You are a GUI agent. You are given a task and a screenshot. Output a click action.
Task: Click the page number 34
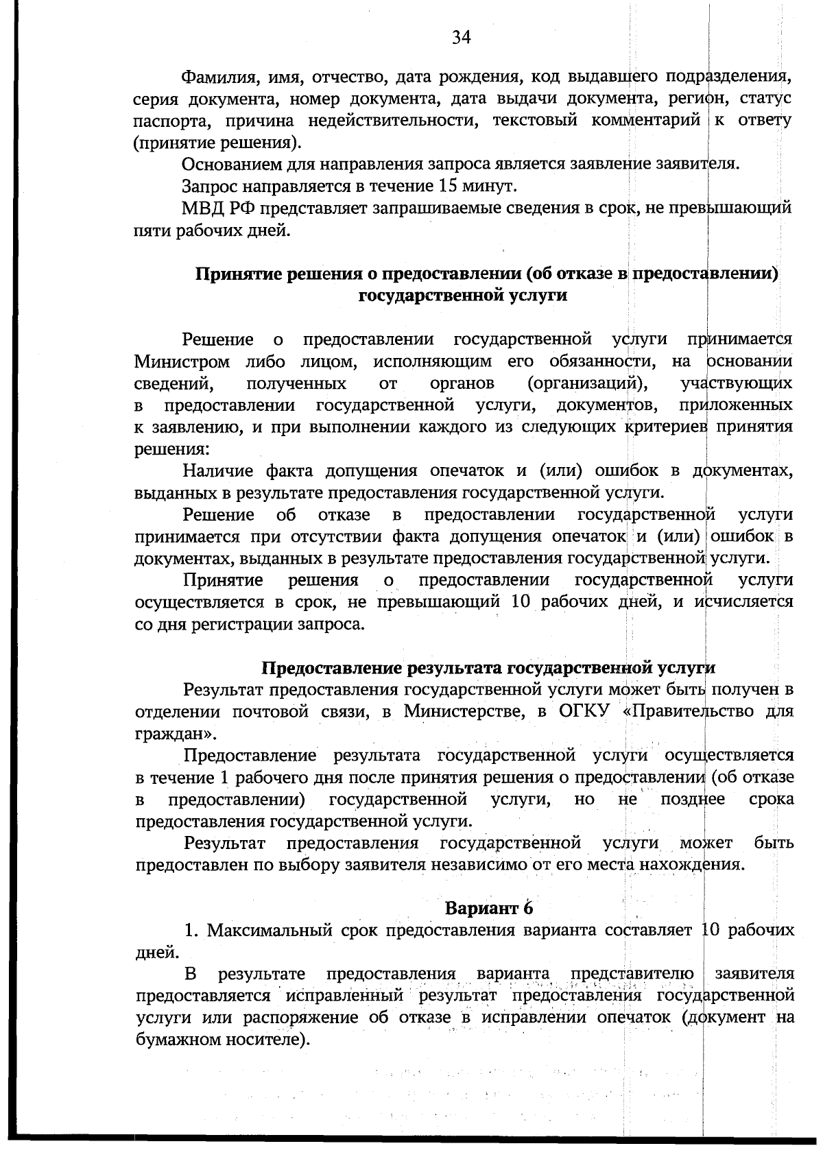[461, 38]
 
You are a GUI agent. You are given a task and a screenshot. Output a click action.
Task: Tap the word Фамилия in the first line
[215, 76]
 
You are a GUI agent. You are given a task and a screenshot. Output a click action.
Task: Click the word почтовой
[267, 711]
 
